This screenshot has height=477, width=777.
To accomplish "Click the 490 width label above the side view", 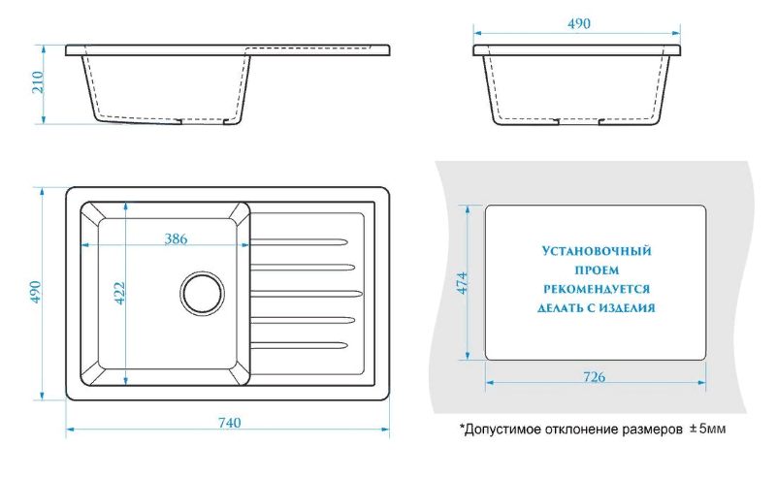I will click(x=580, y=22).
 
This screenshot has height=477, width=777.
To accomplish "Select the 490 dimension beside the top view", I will click(x=35, y=293).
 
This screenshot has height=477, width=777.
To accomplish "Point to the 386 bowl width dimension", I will click(x=175, y=238).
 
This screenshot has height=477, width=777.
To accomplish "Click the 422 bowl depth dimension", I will click(x=120, y=293).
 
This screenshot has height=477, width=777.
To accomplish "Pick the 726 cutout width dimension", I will click(x=595, y=375).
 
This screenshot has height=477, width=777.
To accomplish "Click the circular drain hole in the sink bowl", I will click(x=203, y=293).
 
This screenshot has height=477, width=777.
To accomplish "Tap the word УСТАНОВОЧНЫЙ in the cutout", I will click(x=596, y=251).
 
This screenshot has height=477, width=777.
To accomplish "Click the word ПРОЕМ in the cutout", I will click(x=596, y=270).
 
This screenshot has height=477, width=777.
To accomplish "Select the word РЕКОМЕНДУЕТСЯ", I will click(x=597, y=289).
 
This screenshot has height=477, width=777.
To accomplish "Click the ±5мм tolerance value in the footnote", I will click(x=707, y=429).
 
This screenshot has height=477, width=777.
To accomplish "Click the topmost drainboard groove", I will click(x=296, y=239).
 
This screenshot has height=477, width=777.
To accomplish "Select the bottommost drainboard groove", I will click(x=296, y=344).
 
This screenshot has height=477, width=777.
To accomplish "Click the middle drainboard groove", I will click(x=306, y=292).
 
